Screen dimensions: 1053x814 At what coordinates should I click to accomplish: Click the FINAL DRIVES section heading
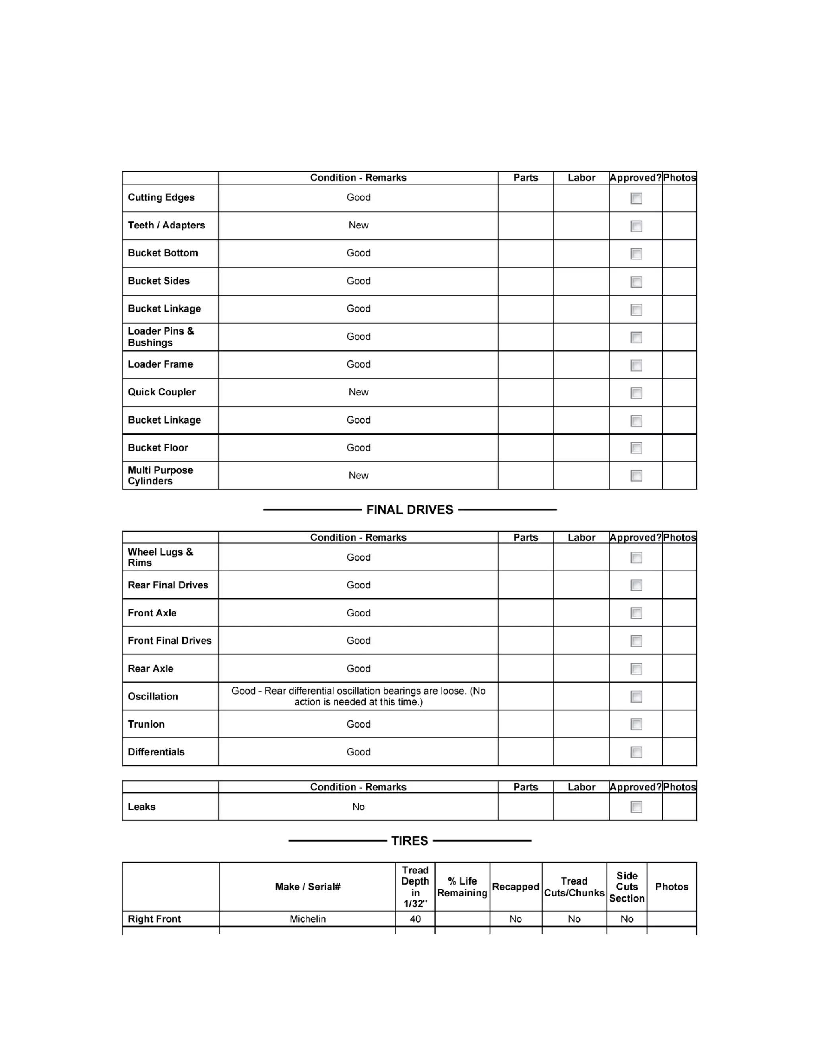coord(409,510)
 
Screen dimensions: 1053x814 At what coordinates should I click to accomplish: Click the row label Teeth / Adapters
coord(167,225)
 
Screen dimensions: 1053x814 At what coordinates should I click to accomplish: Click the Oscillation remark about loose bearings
coord(358,696)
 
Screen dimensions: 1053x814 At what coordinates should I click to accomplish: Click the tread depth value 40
coord(415,919)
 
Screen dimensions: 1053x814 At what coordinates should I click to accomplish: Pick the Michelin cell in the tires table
coord(308,919)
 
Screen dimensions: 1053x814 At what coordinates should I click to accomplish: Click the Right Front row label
coord(154,919)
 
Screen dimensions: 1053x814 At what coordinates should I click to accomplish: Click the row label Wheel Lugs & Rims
coord(160,557)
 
